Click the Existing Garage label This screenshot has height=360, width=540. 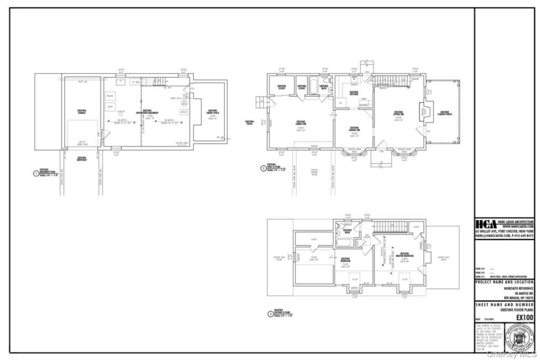pyautogui.click(x=81, y=111)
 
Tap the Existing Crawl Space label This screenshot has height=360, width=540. pyautogui.click(x=213, y=112)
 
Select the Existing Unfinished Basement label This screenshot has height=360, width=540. pyautogui.click(x=147, y=112)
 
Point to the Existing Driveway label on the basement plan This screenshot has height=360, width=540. pyautogui.click(x=82, y=158)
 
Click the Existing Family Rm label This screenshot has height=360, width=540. pyautogui.click(x=301, y=122)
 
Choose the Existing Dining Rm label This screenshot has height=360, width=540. pyautogui.click(x=354, y=129)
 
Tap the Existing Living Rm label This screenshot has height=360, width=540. pyautogui.click(x=399, y=113)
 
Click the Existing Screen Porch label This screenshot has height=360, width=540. pyautogui.click(x=445, y=112)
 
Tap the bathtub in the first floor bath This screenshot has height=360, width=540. pyautogui.click(x=313, y=85)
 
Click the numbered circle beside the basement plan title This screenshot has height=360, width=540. pyautogui.click(x=36, y=173)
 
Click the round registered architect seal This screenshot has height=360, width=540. pyautogui.click(x=518, y=338)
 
